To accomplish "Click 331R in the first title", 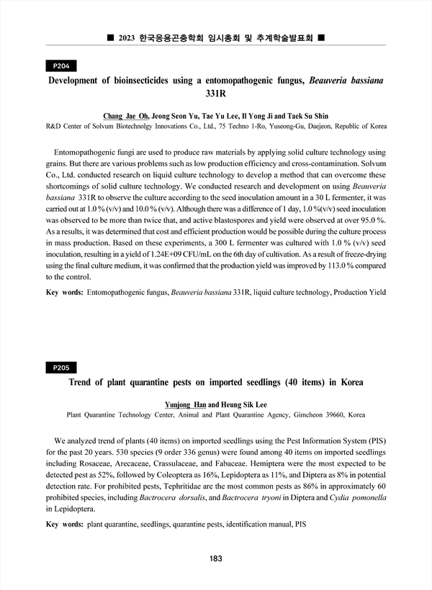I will click(x=216, y=94).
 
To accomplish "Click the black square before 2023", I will click(x=109, y=37).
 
